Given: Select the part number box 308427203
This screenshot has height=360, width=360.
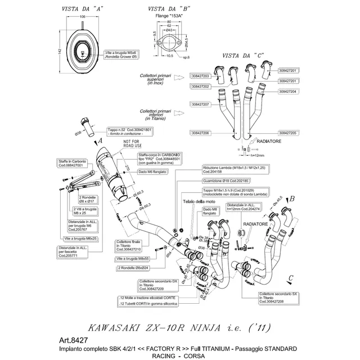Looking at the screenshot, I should click(200, 76).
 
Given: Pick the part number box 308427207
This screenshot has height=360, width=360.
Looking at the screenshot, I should click(200, 105).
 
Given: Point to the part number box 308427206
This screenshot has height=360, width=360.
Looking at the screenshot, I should click(200, 133).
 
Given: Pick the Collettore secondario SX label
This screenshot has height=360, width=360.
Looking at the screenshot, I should click(281, 298).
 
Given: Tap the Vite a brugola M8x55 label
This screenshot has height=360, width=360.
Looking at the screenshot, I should click(133, 259).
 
